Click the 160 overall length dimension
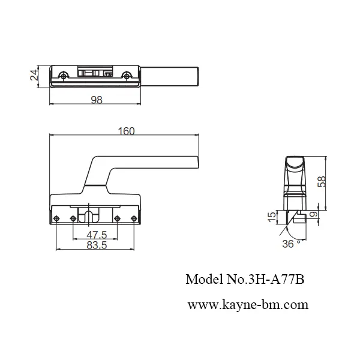point(126,131)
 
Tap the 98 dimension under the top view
point(96,100)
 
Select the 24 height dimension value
point(35,75)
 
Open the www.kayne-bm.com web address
point(248,304)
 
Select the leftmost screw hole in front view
point(56,218)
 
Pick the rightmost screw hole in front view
point(133,218)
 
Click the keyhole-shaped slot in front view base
point(90,216)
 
